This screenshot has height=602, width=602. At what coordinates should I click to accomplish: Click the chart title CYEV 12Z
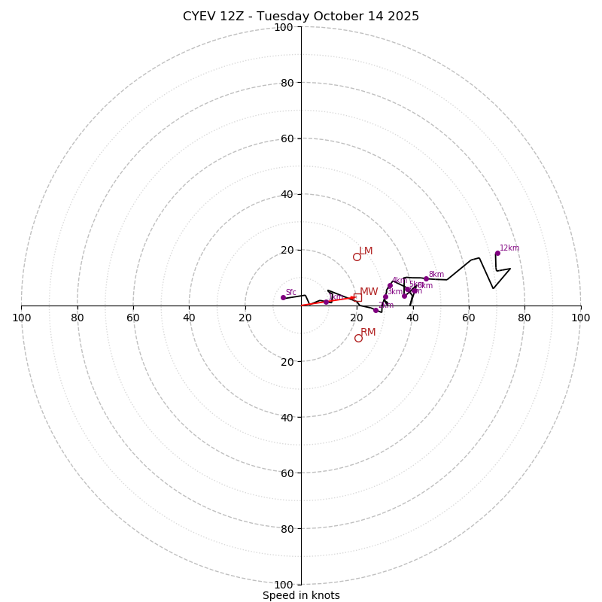[x=301, y=17]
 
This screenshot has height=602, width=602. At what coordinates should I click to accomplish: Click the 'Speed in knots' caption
[x=301, y=595]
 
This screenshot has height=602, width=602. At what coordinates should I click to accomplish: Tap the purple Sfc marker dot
[x=283, y=297]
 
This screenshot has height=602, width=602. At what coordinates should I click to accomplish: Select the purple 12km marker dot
[x=497, y=253]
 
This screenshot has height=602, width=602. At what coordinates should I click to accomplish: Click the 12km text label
[x=509, y=248]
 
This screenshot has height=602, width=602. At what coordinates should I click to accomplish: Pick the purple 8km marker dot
[x=426, y=278]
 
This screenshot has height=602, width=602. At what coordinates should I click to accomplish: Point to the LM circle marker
[x=357, y=257]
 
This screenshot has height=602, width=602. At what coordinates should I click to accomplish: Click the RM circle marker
[x=358, y=338]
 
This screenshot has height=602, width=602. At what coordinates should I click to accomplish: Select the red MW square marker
[x=357, y=297]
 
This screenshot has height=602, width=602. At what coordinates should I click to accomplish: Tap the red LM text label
[x=366, y=251]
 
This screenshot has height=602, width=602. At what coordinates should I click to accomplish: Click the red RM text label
[x=368, y=332]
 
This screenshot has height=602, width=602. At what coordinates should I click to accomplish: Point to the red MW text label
[x=369, y=291]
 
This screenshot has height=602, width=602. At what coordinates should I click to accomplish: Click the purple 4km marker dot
[x=390, y=285]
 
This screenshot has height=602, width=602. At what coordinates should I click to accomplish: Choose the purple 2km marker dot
[x=375, y=310]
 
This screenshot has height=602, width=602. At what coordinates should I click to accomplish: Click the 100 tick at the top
[x=284, y=27]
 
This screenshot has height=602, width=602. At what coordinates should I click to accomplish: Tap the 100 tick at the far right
[x=580, y=318]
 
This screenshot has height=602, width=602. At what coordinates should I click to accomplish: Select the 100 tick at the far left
[x=22, y=318]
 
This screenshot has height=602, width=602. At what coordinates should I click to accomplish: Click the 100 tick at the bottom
[x=284, y=584]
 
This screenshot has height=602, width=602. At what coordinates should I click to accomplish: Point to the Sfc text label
[x=291, y=292]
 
